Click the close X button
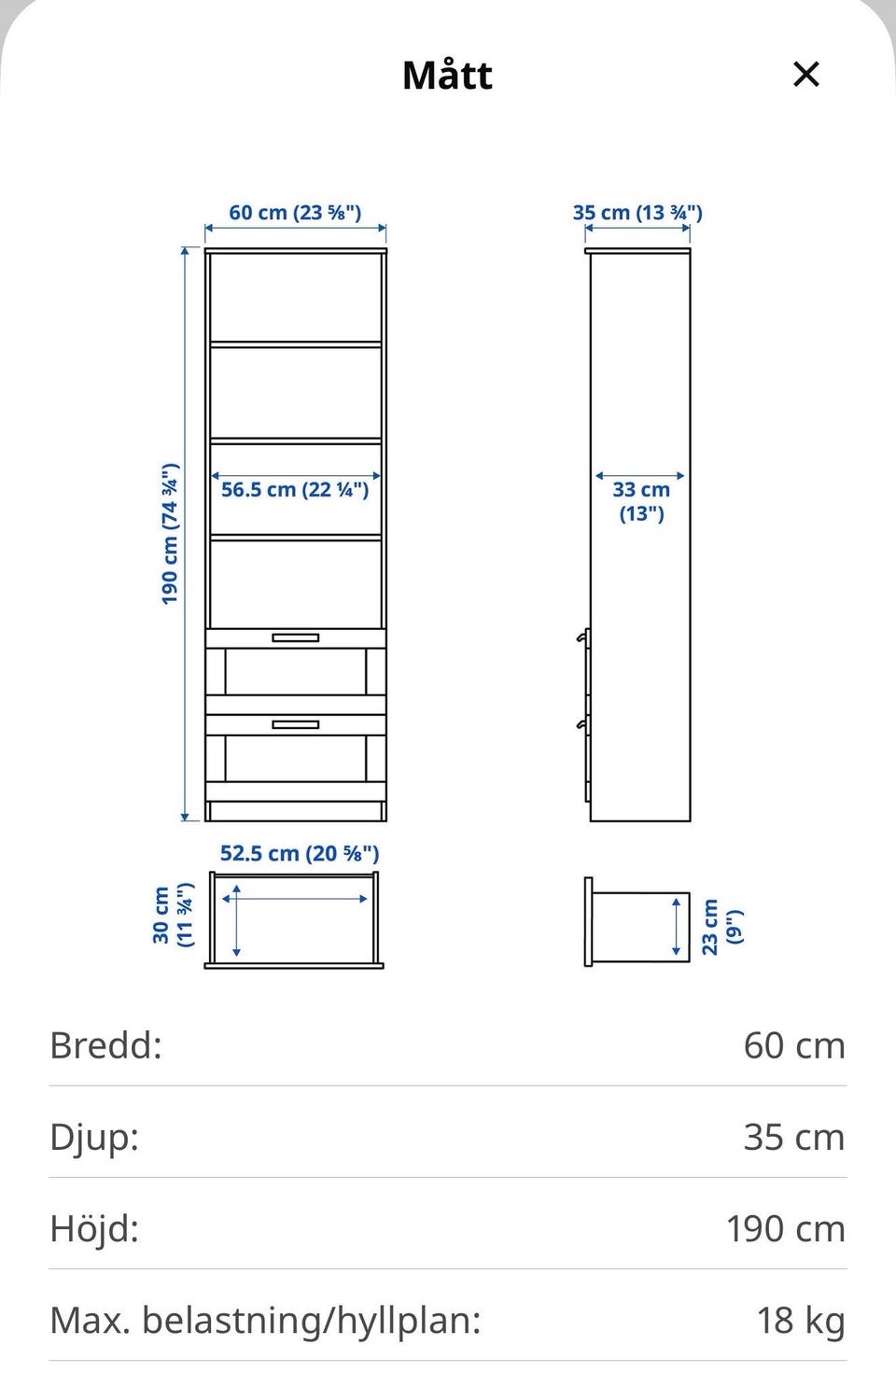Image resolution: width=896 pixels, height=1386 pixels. (x=805, y=75)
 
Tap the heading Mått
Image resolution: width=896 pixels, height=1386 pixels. (x=447, y=75)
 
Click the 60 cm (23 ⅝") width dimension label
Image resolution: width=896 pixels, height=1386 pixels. (x=295, y=212)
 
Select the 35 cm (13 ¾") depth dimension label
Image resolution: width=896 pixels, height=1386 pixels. (x=637, y=212)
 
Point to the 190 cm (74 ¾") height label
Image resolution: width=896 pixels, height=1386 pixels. (x=170, y=533)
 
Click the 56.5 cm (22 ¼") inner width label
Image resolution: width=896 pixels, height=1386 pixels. (x=295, y=489)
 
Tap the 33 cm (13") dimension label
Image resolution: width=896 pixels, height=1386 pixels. (x=641, y=501)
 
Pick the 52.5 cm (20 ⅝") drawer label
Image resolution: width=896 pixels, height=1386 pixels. (x=300, y=853)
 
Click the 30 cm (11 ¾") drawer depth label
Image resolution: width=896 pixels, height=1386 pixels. (x=173, y=915)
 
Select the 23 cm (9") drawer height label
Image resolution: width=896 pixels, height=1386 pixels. (x=722, y=927)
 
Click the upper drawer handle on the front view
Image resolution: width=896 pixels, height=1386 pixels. (x=296, y=637)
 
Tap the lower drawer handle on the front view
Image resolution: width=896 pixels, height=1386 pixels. (x=296, y=724)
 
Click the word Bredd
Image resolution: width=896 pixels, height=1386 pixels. (x=105, y=1045)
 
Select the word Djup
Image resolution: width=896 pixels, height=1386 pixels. (x=94, y=1137)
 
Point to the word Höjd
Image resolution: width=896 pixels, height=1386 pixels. (x=94, y=1228)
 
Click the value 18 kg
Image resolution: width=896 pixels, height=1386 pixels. (x=801, y=1320)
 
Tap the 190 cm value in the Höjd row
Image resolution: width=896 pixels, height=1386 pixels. (x=785, y=1229)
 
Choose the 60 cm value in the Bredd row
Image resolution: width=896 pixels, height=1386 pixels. (x=794, y=1045)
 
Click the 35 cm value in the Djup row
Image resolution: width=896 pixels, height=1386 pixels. (x=794, y=1137)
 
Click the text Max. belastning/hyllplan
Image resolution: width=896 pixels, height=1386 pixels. (x=265, y=1321)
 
